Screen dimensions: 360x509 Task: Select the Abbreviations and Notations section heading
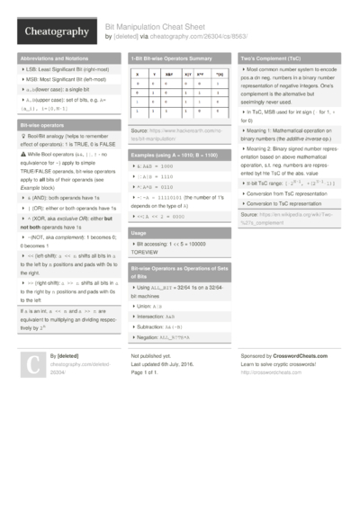point(55,58)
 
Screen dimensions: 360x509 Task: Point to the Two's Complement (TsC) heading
point(280,58)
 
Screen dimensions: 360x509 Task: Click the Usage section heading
point(139,233)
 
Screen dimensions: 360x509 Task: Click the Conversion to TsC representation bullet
point(286,203)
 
